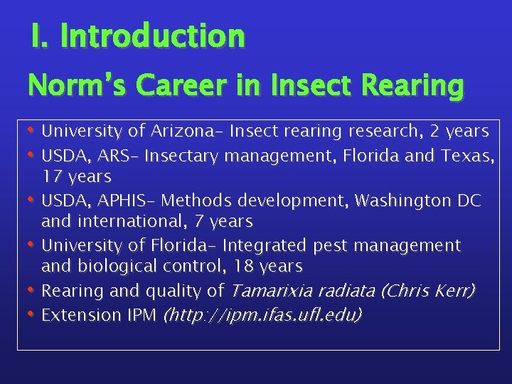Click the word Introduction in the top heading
(153, 36)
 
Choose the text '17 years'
(76, 175)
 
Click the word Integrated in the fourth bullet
(262, 246)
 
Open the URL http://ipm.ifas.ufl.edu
(262, 314)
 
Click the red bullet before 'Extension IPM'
(31, 314)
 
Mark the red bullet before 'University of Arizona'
(31, 130)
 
